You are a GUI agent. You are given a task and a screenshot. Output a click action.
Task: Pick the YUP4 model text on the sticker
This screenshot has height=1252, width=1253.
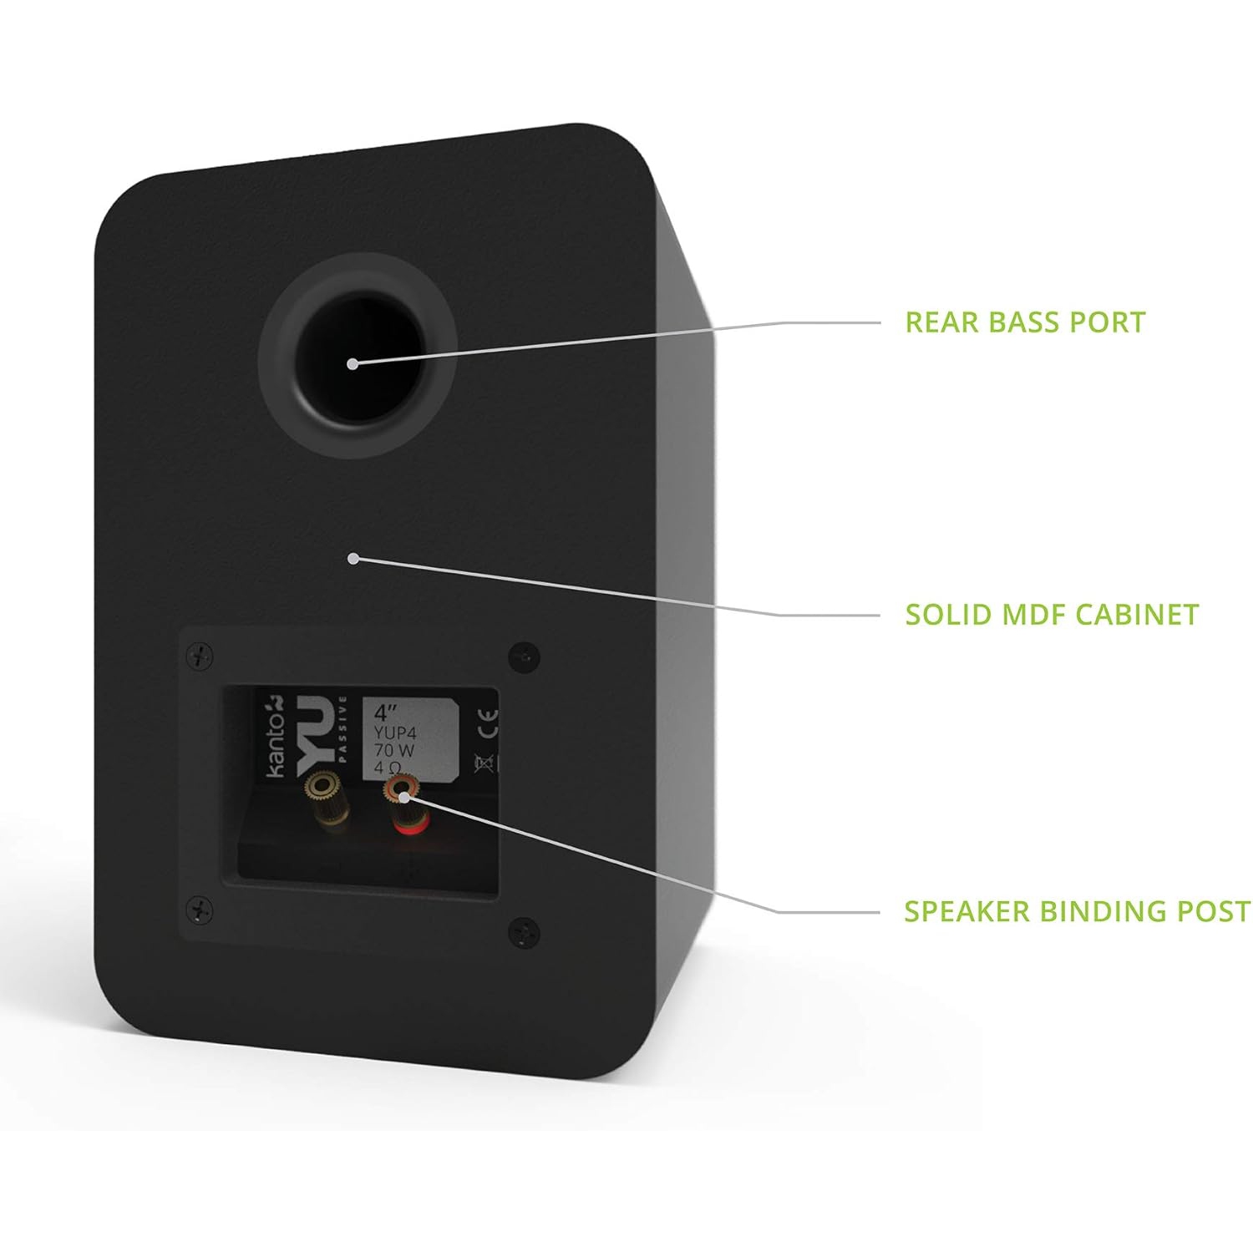395,732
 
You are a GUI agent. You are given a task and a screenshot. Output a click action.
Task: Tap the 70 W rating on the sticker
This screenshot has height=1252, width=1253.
394,750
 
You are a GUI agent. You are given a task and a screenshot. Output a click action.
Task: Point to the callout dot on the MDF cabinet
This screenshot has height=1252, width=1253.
353,558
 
